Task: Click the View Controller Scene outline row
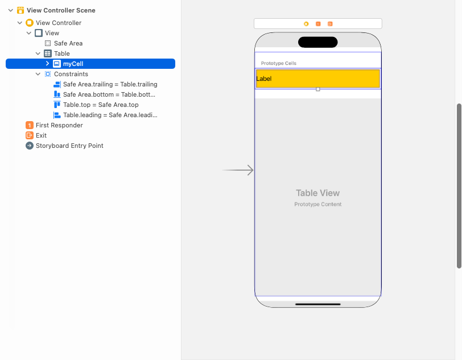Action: click(x=61, y=10)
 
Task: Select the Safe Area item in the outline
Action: click(x=68, y=43)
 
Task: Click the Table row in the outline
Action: click(x=61, y=53)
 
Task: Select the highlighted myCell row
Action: click(x=73, y=64)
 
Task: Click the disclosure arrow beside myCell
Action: click(x=47, y=64)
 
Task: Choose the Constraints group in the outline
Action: click(x=71, y=74)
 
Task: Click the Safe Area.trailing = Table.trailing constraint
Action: click(x=110, y=84)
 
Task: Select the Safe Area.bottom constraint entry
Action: click(x=109, y=94)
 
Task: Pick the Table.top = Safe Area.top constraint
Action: click(x=101, y=105)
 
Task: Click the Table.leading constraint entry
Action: click(x=110, y=115)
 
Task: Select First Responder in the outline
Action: click(x=59, y=125)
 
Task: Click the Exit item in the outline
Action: click(x=41, y=135)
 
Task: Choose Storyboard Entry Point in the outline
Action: click(x=69, y=146)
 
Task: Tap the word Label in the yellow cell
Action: click(x=264, y=78)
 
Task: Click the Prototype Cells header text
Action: click(x=278, y=63)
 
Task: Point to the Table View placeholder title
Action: click(x=317, y=193)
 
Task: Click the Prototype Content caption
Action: click(x=317, y=204)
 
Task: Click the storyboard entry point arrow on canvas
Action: click(x=238, y=170)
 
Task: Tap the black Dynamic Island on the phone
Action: click(x=317, y=42)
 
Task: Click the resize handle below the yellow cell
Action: click(x=317, y=89)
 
